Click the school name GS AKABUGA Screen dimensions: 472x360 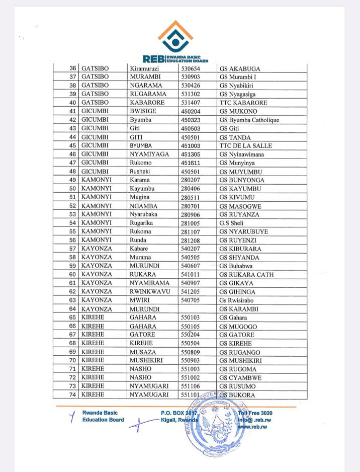pyautogui.click(x=240, y=68)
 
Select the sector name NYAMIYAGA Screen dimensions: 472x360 pyautogui.click(x=149, y=154)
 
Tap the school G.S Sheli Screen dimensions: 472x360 pyautogui.click(x=232, y=223)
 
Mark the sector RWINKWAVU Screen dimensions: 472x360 pyautogui.click(x=150, y=292)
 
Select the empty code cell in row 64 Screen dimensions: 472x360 pyautogui.click(x=197, y=309)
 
